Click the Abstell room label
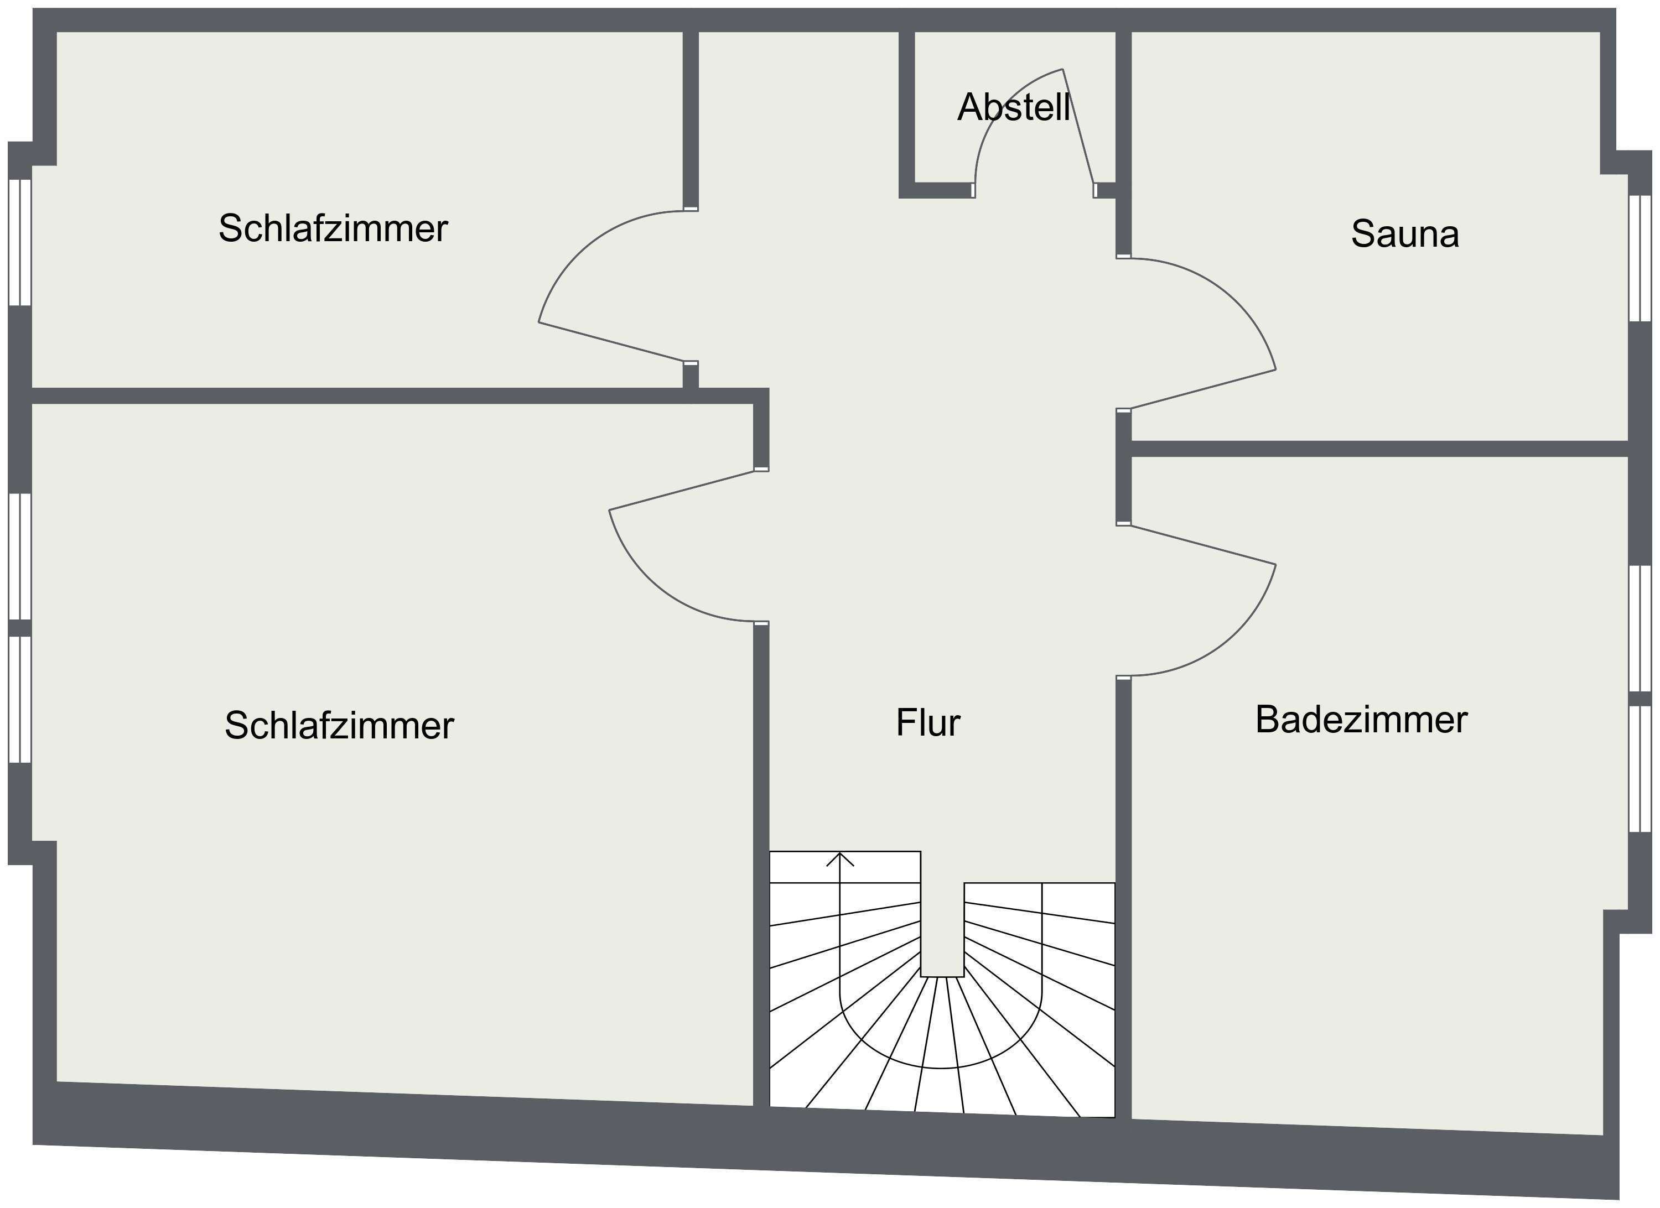(1014, 107)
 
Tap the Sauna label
(1404, 234)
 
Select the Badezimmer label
(1361, 719)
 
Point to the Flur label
(928, 723)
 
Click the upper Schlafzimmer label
(333, 228)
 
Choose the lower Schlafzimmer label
(339, 726)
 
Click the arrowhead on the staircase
(841, 860)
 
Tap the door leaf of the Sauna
(1203, 389)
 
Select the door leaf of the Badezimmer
(1203, 545)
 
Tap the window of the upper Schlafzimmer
(20, 242)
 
